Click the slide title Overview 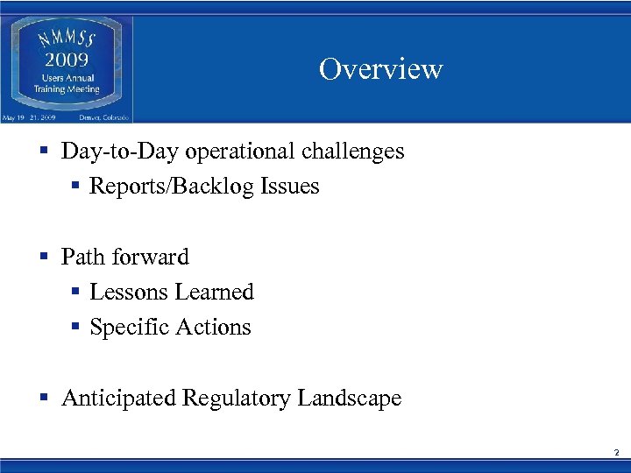[380, 69]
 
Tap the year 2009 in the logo [67, 60]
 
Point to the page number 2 [616, 453]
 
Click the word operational [225, 152]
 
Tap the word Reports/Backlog [172, 187]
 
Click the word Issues [289, 187]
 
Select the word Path [80, 258]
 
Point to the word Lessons [124, 293]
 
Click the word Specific [129, 328]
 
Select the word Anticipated [118, 399]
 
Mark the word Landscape [349, 399]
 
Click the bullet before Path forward [44, 258]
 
